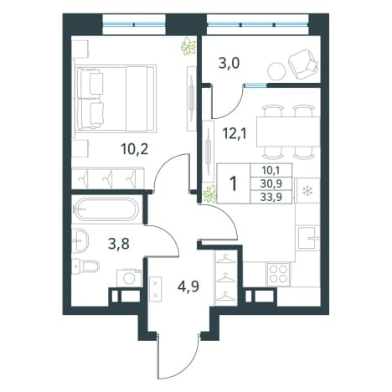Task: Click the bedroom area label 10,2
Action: click(134, 150)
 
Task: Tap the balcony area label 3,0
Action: click(229, 64)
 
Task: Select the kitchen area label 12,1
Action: click(235, 134)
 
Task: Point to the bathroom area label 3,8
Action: click(119, 245)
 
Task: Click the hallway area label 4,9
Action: click(188, 286)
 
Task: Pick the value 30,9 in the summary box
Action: click(271, 183)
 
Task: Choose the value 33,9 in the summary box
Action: click(271, 197)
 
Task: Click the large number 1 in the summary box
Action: click(234, 183)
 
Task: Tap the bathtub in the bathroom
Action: click(107, 209)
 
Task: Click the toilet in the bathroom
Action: click(85, 266)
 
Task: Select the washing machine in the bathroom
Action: click(129, 277)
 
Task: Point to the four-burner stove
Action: click(278, 274)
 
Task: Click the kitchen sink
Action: click(307, 238)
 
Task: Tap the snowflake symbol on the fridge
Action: click(308, 191)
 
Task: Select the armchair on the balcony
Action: click(303, 64)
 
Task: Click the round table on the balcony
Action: click(276, 70)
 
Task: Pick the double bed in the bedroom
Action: click(115, 98)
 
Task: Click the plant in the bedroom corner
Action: click(188, 46)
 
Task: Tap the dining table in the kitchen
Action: click(288, 132)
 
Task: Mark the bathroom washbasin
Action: click(80, 240)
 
